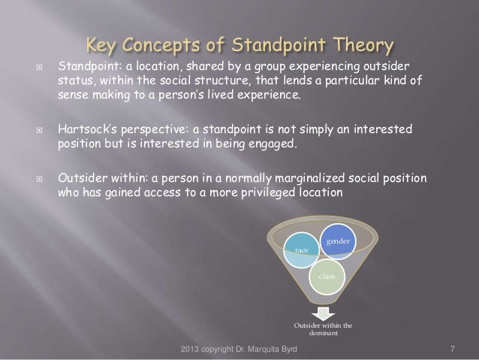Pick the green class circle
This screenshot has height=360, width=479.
(x=324, y=276)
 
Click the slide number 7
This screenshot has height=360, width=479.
(x=452, y=348)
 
